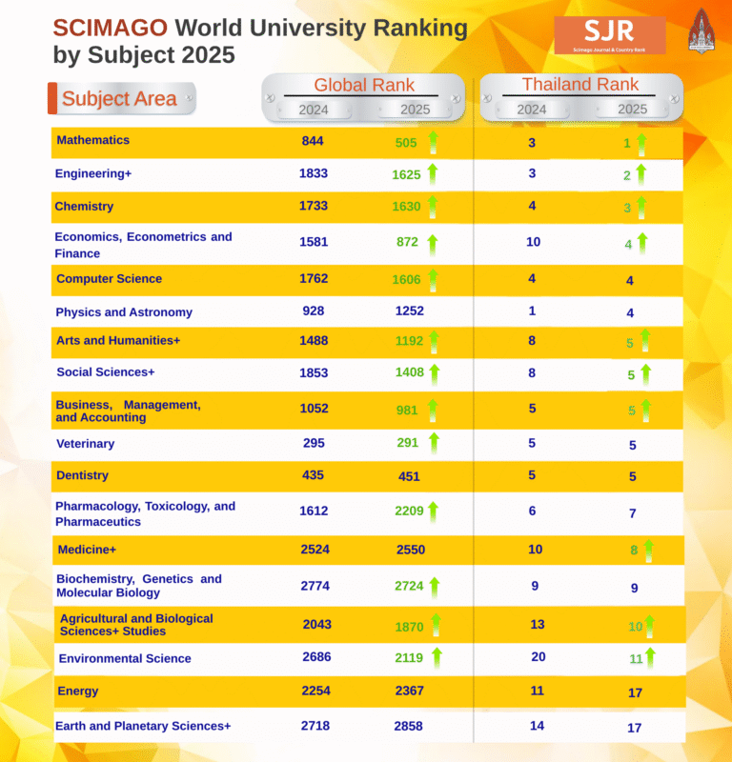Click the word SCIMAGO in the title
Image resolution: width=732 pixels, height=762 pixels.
pyautogui.click(x=109, y=29)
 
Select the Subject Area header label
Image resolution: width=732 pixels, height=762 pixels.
pyautogui.click(x=120, y=98)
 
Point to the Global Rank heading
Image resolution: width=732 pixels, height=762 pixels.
pyautogui.click(x=364, y=85)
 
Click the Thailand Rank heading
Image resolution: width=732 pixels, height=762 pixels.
pyautogui.click(x=580, y=84)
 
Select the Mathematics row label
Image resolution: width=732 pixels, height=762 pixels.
pyautogui.click(x=92, y=140)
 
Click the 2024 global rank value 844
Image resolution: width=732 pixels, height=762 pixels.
pyautogui.click(x=313, y=141)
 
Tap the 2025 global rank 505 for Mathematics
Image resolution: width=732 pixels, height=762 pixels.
pyautogui.click(x=407, y=143)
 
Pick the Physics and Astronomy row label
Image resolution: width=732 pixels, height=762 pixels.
pyautogui.click(x=124, y=312)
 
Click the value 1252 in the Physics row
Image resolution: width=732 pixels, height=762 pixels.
pyautogui.click(x=410, y=311)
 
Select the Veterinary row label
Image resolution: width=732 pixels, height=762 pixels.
pyautogui.click(x=85, y=444)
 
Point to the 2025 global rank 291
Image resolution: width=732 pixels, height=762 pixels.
pyautogui.click(x=408, y=442)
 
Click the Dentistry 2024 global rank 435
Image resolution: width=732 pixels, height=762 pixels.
pyautogui.click(x=313, y=474)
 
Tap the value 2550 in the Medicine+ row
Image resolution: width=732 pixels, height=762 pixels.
pyautogui.click(x=411, y=550)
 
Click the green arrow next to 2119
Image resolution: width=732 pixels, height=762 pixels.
pyautogui.click(x=437, y=656)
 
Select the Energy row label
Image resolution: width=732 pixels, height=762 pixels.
pyautogui.click(x=77, y=692)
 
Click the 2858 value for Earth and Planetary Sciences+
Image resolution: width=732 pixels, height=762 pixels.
pyautogui.click(x=409, y=726)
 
